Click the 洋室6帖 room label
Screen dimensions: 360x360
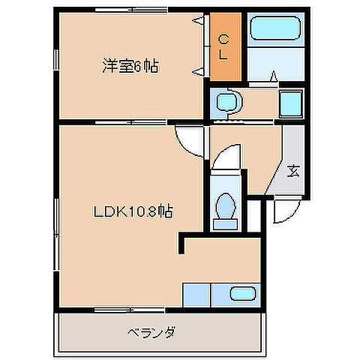click(130, 65)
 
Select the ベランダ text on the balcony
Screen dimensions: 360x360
click(151, 331)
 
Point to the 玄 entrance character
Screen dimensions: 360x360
click(293, 170)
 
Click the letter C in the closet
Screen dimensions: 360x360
click(223, 40)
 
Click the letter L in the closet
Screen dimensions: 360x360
click(223, 55)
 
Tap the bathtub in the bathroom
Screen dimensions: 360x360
click(274, 31)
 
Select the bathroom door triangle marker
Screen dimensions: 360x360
click(273, 74)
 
